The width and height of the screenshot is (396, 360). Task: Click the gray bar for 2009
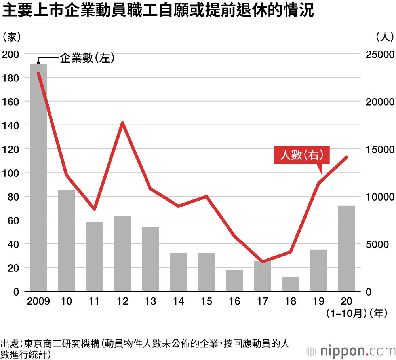click(38, 178)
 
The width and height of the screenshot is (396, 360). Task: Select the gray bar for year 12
click(122, 254)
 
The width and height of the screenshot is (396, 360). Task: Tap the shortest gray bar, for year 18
click(290, 284)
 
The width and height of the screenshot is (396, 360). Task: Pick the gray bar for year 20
click(346, 248)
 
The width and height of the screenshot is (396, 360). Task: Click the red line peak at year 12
click(123, 123)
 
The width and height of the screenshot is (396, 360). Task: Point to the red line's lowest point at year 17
click(263, 262)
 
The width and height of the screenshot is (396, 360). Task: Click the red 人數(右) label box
click(301, 155)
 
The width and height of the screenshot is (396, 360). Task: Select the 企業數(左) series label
click(87, 58)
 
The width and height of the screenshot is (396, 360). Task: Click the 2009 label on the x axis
click(38, 302)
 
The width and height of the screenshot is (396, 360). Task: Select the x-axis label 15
click(206, 302)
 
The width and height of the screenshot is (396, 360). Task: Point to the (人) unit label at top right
click(384, 37)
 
